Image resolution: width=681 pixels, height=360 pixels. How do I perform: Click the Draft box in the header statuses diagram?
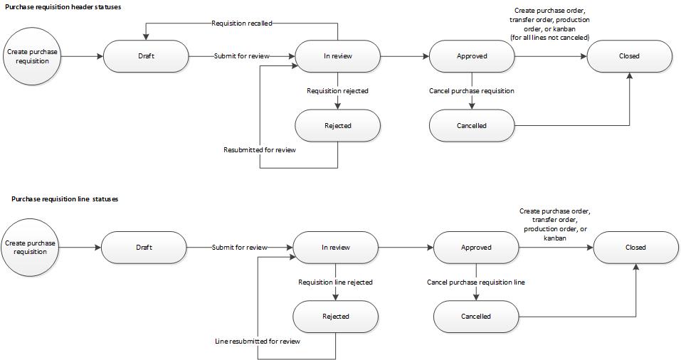coord(146,56)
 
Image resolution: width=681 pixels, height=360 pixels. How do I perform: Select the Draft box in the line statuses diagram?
coord(144,248)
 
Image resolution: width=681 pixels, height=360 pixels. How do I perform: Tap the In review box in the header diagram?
coord(337,56)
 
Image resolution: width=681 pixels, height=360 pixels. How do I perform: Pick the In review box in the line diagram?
coord(336,248)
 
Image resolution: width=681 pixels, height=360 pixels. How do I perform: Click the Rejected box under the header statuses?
coord(337,126)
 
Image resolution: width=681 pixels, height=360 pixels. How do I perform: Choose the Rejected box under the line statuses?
coord(336,317)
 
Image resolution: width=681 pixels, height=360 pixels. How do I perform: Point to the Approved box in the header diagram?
coord(472,56)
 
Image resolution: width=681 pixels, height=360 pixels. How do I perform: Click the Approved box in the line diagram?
coord(476,248)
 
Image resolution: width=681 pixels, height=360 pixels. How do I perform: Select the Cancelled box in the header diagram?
coord(472,126)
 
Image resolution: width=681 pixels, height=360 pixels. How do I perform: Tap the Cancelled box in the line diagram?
coord(476,317)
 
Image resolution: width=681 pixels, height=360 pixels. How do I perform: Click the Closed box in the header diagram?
coord(629,56)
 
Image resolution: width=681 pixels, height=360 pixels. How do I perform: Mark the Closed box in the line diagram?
coord(635,248)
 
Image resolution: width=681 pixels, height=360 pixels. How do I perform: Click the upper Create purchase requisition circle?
coord(33,56)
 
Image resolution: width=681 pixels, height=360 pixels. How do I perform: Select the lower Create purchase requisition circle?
coord(31,248)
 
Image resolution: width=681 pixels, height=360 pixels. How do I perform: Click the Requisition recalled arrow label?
coord(242,23)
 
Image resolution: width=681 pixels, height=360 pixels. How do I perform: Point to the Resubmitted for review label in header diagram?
coord(260,150)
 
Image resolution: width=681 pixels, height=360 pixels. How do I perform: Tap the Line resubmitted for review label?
coord(258,342)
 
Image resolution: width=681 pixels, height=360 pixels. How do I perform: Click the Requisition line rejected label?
coord(335,282)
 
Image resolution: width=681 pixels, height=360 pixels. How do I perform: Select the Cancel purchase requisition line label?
coord(476,282)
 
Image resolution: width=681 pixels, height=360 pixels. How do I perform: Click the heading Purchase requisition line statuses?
coord(65,199)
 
